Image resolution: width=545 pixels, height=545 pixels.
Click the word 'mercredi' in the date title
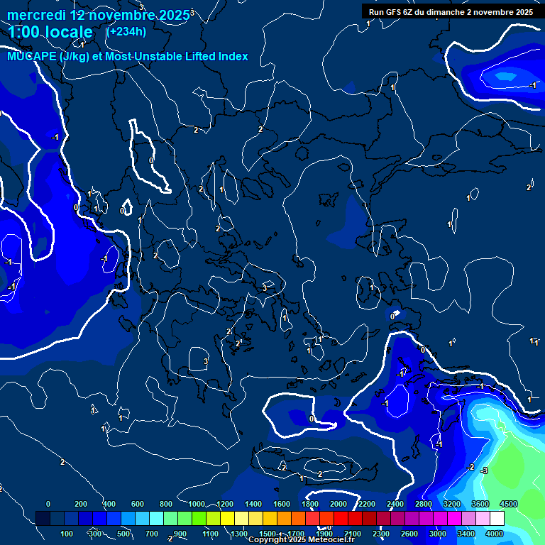(x=36, y=15)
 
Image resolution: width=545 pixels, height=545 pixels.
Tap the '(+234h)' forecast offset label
(x=126, y=31)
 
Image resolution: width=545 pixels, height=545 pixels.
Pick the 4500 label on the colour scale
(x=508, y=504)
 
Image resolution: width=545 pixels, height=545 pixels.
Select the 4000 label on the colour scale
(x=495, y=534)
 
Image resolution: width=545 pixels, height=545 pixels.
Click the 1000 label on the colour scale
(x=197, y=504)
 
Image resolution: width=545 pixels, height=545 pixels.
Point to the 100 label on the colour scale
(x=67, y=534)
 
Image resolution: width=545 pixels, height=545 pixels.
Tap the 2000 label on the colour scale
(x=338, y=504)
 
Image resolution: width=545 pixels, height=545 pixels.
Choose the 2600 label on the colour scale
(x=409, y=534)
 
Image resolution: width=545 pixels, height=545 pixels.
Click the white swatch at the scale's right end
(x=497, y=519)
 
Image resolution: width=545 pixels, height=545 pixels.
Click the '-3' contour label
(x=484, y=470)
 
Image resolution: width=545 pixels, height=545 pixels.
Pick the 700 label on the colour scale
(x=153, y=534)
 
